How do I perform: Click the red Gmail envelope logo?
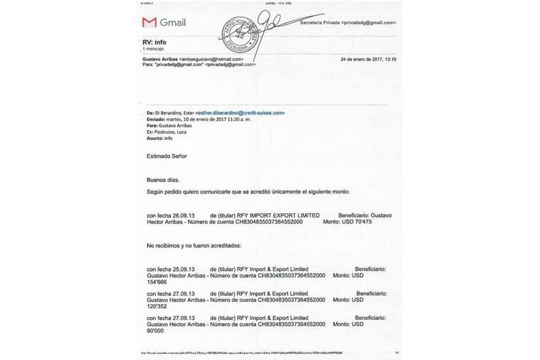[149, 22]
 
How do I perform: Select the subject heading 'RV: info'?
[154, 43]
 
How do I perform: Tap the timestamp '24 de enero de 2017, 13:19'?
[368, 59]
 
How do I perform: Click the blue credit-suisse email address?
[241, 112]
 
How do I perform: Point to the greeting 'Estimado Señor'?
[167, 156]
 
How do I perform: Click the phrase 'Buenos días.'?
[163, 179]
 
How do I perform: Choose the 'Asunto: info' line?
[159, 137]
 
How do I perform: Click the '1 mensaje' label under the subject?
[152, 50]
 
